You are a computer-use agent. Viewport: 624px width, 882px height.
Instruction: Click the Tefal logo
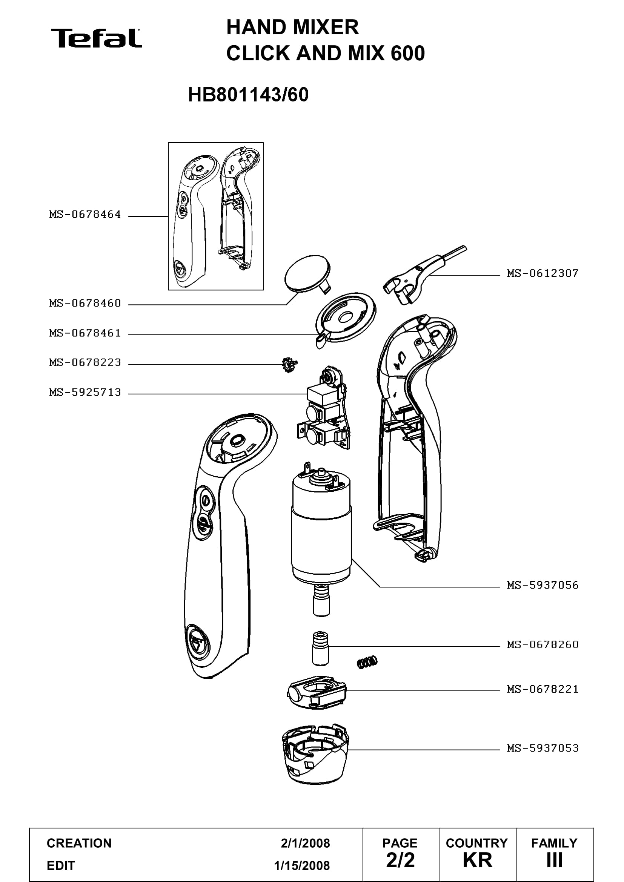(x=97, y=38)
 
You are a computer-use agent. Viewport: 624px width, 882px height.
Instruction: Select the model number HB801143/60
(x=248, y=95)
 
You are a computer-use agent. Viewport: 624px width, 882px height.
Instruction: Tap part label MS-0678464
(x=85, y=214)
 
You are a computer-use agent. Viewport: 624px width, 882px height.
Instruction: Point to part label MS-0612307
(x=543, y=273)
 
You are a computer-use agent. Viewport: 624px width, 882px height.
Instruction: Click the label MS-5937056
(x=543, y=585)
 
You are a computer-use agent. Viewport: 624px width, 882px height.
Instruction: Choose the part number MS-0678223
(x=85, y=362)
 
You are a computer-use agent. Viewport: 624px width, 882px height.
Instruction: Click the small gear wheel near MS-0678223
(x=289, y=365)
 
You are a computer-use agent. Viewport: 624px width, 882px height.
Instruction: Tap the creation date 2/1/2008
(x=305, y=843)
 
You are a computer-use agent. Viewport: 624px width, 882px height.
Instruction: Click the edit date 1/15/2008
(x=302, y=866)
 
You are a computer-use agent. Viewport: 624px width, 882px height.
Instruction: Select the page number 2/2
(x=400, y=861)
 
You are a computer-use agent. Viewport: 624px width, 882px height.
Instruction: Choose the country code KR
(x=477, y=861)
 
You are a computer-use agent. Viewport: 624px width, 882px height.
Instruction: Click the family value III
(x=555, y=861)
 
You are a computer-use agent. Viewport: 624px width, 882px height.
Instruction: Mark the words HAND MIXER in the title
(x=292, y=28)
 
